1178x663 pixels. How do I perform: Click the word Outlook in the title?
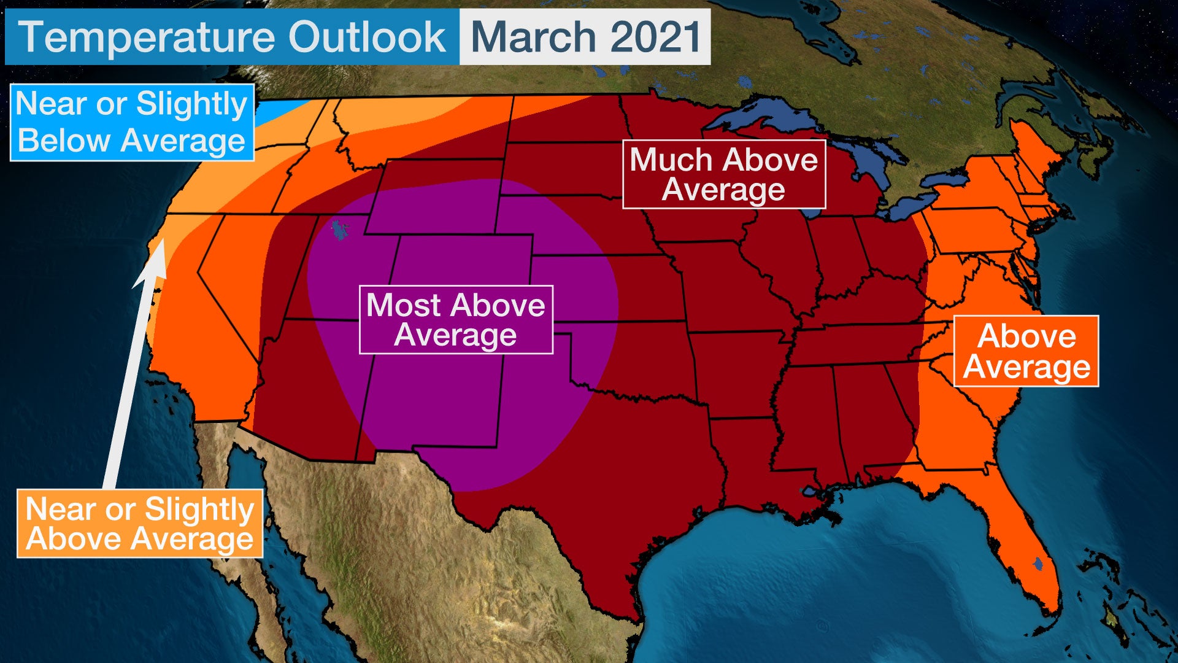(x=367, y=37)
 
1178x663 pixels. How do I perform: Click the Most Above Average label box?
(x=456, y=319)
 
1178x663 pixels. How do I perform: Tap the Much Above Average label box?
(x=723, y=174)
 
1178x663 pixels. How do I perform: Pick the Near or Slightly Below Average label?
(x=132, y=122)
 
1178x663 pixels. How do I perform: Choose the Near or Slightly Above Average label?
(x=140, y=523)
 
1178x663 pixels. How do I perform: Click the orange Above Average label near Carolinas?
(x=1026, y=351)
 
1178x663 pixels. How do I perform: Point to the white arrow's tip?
(x=161, y=243)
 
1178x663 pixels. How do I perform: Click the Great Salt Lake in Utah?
(x=339, y=230)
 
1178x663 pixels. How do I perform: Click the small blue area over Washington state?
(x=279, y=112)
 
